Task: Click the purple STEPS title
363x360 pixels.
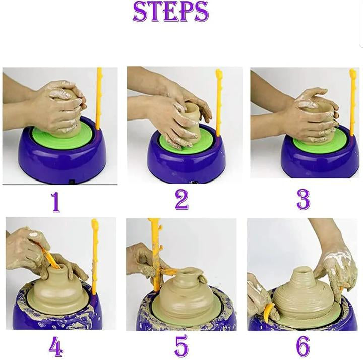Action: [x=170, y=12]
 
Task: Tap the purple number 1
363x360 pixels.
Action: [x=55, y=201]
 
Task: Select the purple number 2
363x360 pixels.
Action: [x=181, y=200]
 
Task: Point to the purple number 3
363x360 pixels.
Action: [x=302, y=200]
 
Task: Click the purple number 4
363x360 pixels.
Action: [x=56, y=346]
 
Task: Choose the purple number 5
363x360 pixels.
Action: [x=181, y=346]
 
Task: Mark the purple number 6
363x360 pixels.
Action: [x=302, y=346]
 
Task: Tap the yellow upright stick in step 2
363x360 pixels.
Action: [x=219, y=101]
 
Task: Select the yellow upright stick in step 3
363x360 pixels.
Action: [x=352, y=101]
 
